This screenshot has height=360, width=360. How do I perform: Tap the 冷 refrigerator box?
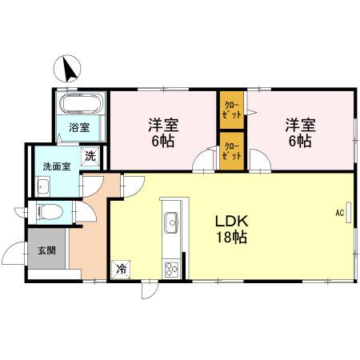tap(122, 269)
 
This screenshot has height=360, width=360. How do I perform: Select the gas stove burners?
tap(170, 268)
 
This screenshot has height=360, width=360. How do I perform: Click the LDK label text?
tap(230, 220)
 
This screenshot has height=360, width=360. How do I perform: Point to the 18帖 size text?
tap(230, 238)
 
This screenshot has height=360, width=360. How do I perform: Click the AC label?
tap(339, 213)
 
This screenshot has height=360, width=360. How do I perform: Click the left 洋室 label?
tap(162, 125)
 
